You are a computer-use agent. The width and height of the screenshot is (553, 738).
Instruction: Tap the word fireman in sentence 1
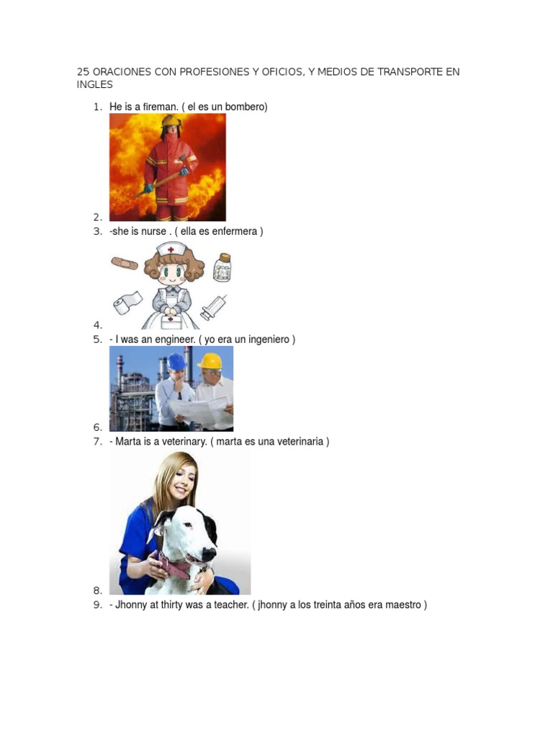(159, 107)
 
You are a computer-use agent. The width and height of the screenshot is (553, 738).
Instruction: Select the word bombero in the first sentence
(246, 107)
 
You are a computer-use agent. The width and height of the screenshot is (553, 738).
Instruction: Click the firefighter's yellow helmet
(171, 122)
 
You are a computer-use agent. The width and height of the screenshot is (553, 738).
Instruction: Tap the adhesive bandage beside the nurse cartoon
(124, 264)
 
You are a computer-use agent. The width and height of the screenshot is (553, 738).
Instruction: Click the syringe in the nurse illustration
(214, 308)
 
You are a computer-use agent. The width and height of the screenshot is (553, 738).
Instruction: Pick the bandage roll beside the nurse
(127, 303)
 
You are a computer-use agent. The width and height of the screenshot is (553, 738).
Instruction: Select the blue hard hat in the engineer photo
(176, 361)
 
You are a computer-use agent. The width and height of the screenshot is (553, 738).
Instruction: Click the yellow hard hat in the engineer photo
(210, 360)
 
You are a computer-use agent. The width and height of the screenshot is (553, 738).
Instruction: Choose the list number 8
(96, 591)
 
